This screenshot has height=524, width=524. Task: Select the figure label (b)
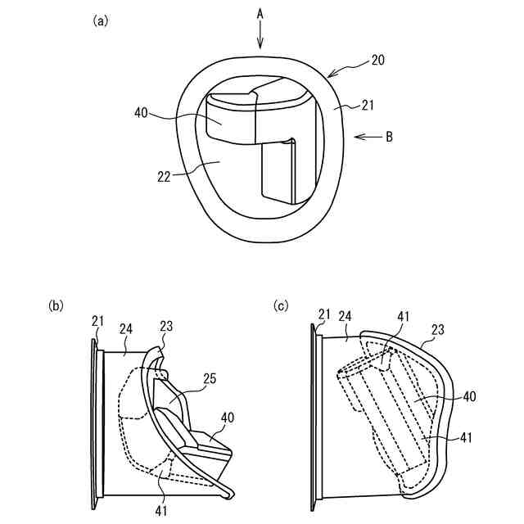coord(56,305)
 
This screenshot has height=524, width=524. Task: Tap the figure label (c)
coord(281,305)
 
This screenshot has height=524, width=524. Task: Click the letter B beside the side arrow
coord(389,137)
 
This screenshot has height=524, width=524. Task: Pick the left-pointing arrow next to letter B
coord(366,137)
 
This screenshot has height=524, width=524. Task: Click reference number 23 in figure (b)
coord(166,326)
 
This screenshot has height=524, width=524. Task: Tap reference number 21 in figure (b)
coord(98,322)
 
